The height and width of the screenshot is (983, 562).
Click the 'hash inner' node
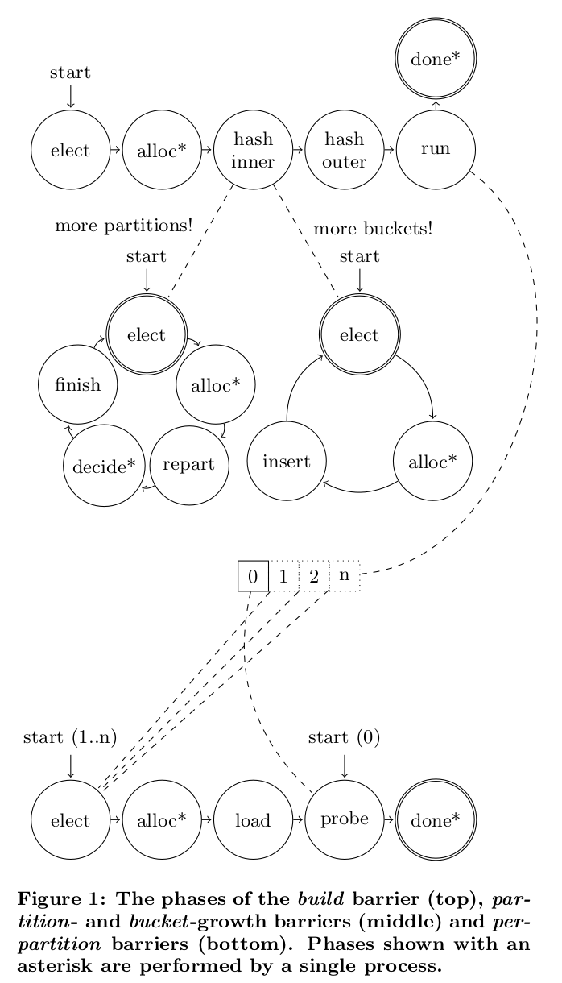tap(253, 150)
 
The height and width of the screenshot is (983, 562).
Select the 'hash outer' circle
tap(344, 150)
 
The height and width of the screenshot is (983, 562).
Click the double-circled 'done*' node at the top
tap(435, 59)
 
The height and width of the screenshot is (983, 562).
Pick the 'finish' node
tap(78, 384)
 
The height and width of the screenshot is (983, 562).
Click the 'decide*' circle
tap(104, 465)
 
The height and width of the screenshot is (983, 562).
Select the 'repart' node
tap(188, 465)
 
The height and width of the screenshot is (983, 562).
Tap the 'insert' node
tap(286, 462)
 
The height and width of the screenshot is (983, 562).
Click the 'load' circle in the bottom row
tap(253, 820)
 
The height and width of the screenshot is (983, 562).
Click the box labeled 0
tap(253, 576)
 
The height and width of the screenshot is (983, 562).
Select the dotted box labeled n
tap(344, 576)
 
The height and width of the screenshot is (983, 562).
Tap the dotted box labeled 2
tap(314, 576)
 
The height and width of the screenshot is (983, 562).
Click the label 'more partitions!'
tap(123, 226)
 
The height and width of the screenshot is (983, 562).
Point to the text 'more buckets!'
tap(373, 229)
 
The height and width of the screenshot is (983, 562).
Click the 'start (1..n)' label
tap(70, 737)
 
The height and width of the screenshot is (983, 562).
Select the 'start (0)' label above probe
tap(344, 737)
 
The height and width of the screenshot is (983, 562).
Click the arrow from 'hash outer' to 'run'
tap(389, 150)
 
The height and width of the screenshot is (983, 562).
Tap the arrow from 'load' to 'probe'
tap(298, 820)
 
